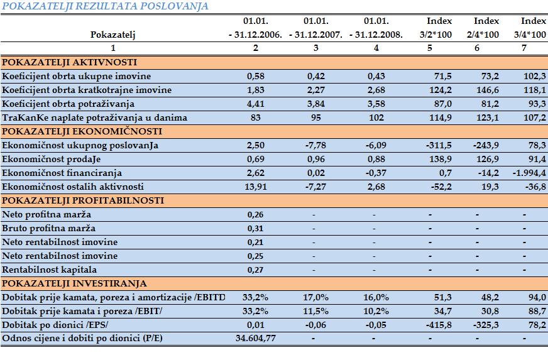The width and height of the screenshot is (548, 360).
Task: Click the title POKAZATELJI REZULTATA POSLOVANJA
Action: (105, 6)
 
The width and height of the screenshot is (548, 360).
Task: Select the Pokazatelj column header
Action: (113, 35)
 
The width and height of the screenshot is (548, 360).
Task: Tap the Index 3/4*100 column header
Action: (530, 28)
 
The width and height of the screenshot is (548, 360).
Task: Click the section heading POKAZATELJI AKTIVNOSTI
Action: (70, 62)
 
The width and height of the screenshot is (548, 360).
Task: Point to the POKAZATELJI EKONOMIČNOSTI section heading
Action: (82, 131)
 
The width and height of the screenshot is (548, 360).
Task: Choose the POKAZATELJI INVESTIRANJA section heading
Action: (74, 283)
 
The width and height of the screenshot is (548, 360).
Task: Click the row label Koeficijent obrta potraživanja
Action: (68, 104)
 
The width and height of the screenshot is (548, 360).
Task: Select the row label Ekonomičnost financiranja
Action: (62, 173)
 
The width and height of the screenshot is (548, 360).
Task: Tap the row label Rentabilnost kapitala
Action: (49, 270)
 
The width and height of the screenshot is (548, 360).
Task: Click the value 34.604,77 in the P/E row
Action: (256, 339)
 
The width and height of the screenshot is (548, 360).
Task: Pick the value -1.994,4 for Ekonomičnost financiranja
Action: (529, 173)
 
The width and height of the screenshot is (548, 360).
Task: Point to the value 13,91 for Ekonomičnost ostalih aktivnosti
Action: (256, 187)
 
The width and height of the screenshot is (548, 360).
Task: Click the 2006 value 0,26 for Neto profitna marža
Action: (256, 215)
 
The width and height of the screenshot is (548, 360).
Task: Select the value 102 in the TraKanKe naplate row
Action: (376, 117)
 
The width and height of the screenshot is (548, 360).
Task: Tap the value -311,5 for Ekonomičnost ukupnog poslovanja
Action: (439, 145)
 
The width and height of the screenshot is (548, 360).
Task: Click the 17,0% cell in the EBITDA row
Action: (316, 297)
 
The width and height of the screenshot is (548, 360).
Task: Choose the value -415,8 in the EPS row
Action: (439, 325)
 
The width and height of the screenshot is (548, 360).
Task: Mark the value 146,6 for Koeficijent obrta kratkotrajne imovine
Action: (488, 90)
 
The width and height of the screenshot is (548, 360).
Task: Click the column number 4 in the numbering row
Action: (376, 48)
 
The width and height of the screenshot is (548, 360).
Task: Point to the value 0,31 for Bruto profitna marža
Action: (256, 228)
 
